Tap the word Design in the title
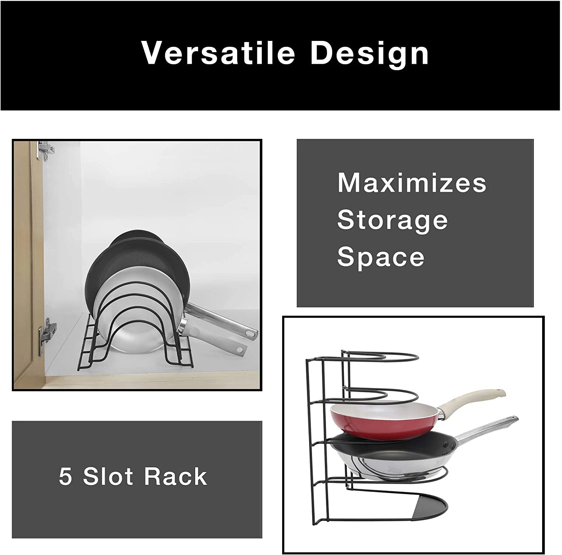(369, 54)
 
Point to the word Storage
(392, 220)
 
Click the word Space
(381, 257)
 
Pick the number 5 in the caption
(65, 477)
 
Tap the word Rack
(176, 477)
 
